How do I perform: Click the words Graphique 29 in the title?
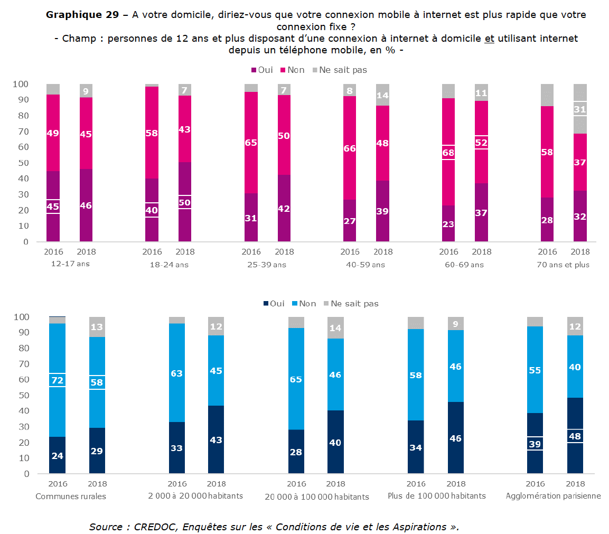coord(82,15)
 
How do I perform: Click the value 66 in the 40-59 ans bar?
coord(350,148)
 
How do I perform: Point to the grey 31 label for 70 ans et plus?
coord(580,109)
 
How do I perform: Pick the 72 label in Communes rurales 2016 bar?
coord(58,380)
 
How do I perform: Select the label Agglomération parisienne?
coord(553,496)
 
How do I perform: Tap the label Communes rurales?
coord(71,496)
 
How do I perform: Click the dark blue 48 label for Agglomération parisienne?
coord(575,436)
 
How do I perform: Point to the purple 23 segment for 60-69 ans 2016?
coord(449,224)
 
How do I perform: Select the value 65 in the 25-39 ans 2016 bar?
coord(251,142)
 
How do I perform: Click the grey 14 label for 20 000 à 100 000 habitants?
coord(335,327)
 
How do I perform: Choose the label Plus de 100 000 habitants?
coord(436,496)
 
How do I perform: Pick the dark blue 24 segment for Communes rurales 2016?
coord(58,455)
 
